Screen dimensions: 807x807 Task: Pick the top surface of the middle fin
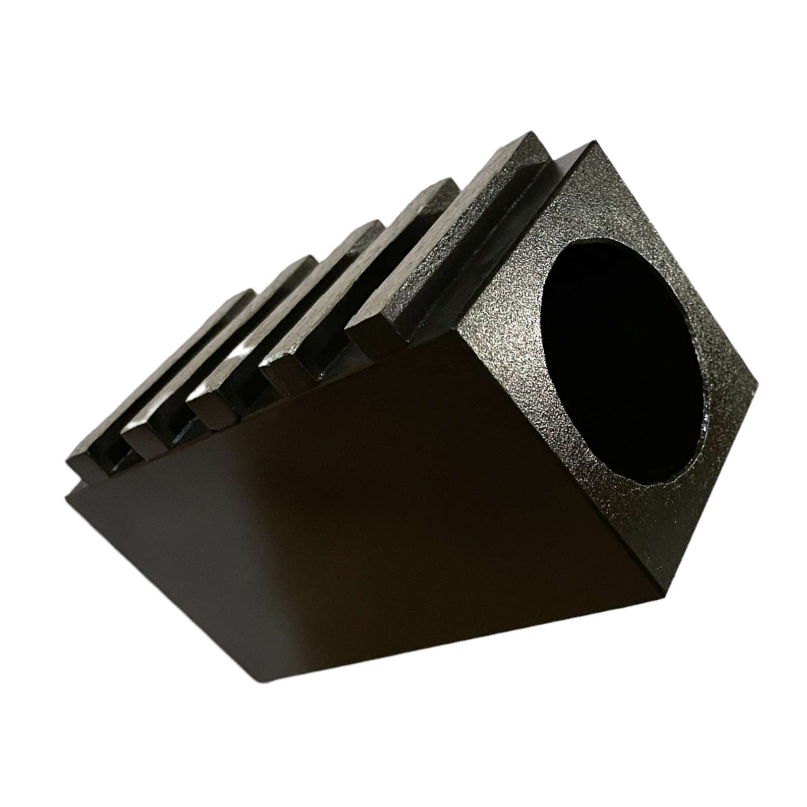point(282,313)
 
